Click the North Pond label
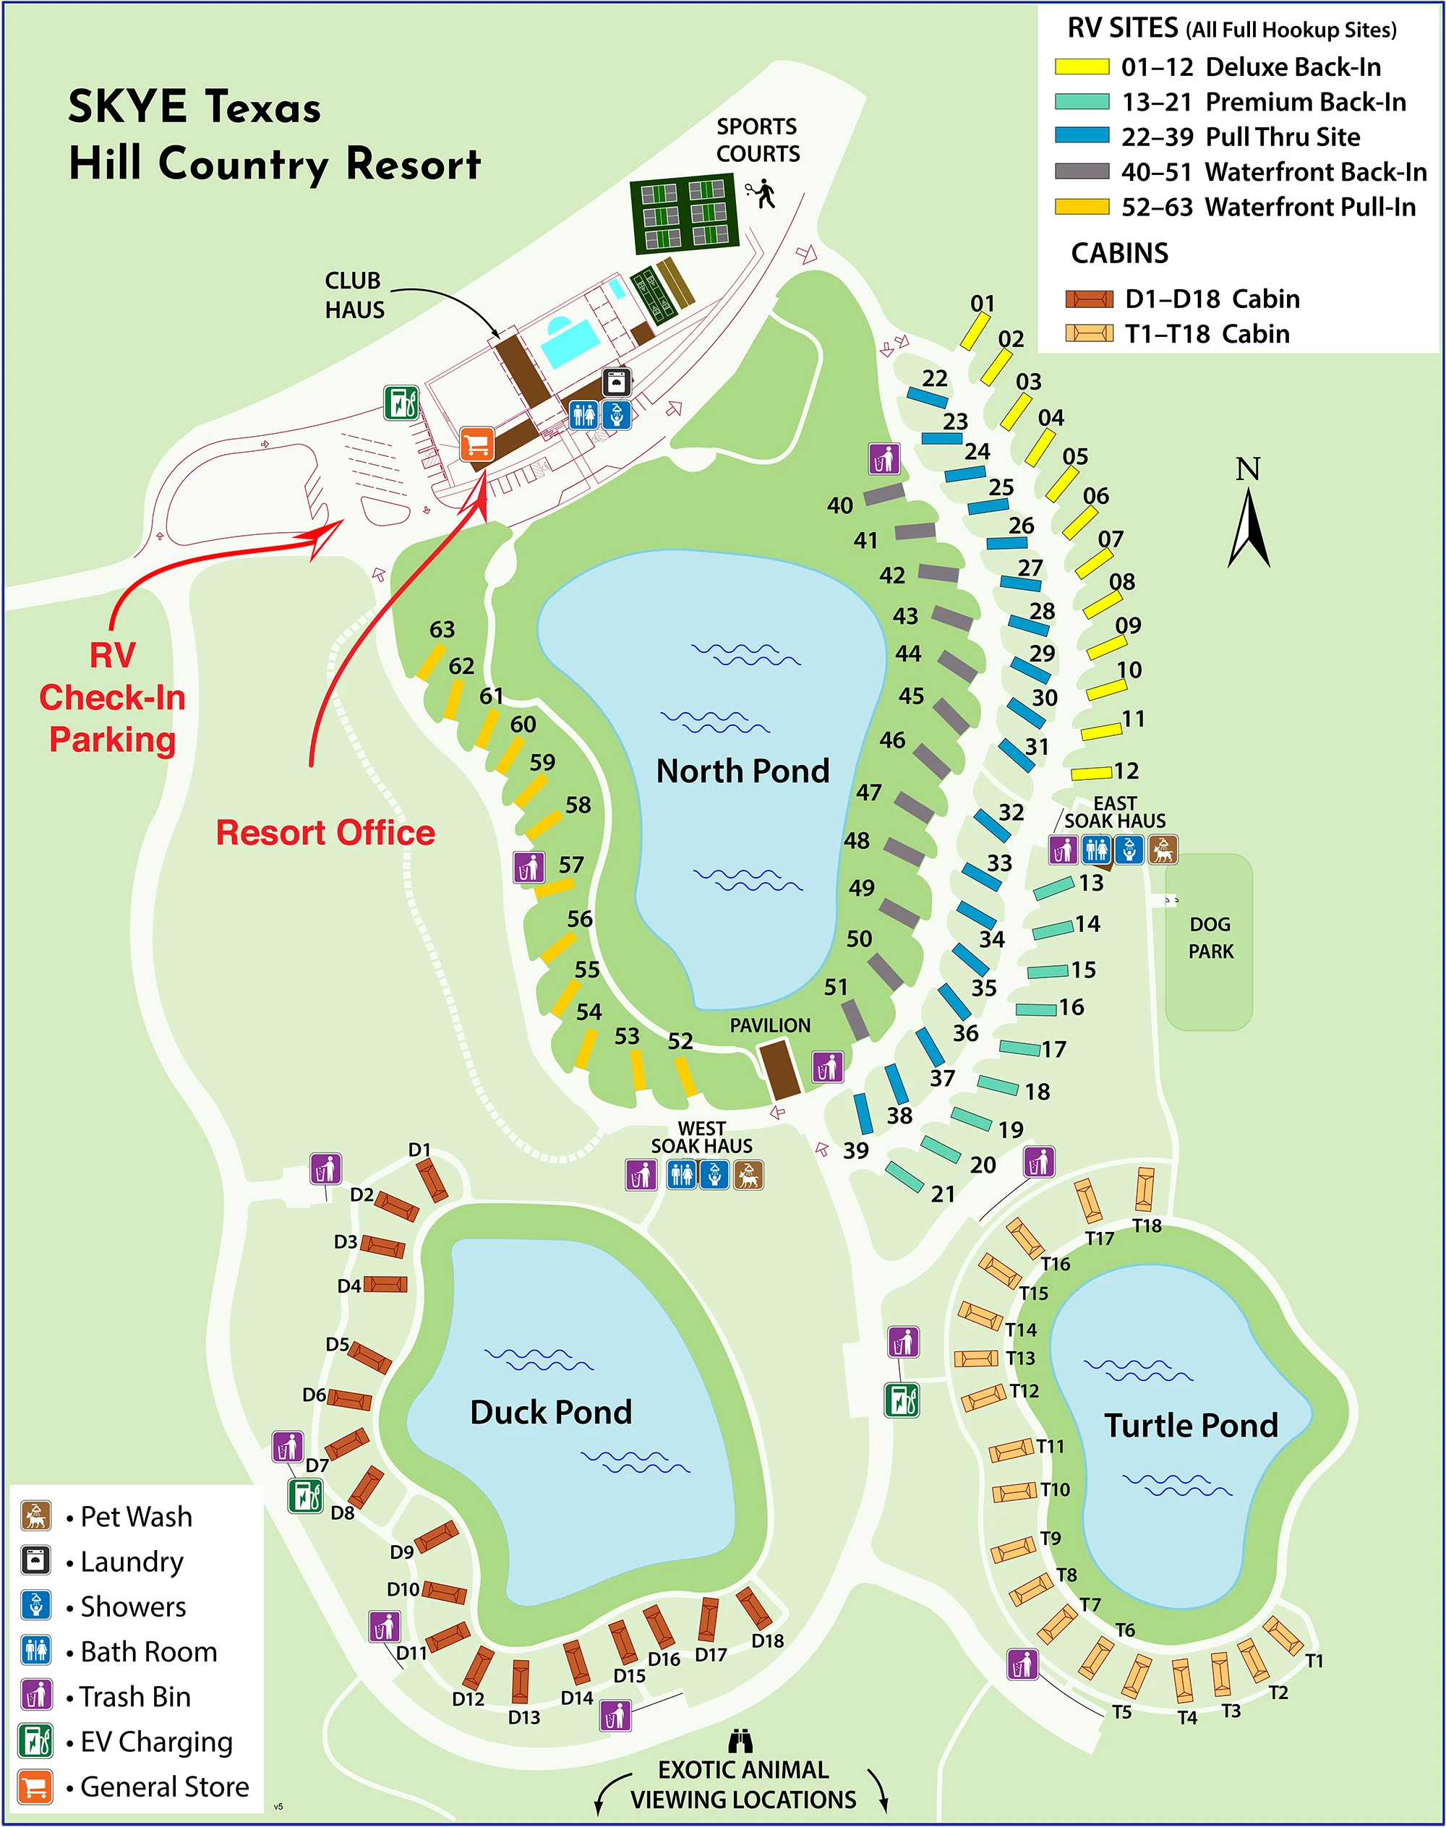(x=743, y=771)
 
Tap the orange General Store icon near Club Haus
(x=476, y=445)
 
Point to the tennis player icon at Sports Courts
(x=763, y=193)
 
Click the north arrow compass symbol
(x=1249, y=516)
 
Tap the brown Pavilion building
(x=779, y=1070)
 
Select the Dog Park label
(x=1210, y=938)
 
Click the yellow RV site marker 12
(x=1091, y=773)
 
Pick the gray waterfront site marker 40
(x=883, y=494)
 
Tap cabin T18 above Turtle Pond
(x=1145, y=1189)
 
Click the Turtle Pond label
(x=1190, y=1426)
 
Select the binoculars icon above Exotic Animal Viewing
(x=740, y=1741)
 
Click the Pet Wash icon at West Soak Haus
(x=748, y=1175)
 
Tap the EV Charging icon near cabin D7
(x=305, y=1496)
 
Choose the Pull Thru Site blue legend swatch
(x=1081, y=135)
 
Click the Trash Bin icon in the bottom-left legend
(x=35, y=1694)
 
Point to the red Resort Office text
(x=325, y=833)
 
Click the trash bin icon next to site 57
(x=529, y=868)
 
